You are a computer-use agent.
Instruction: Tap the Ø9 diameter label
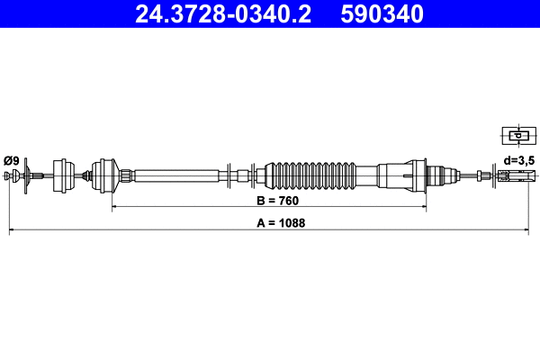pyautogui.click(x=12, y=160)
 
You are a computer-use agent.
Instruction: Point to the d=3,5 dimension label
pyautogui.click(x=519, y=160)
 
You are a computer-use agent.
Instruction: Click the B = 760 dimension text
pyautogui.click(x=270, y=201)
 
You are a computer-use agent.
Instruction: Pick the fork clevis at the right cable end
pyautogui.click(x=511, y=175)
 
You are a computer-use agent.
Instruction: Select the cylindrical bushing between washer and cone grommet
pyautogui.click(x=65, y=173)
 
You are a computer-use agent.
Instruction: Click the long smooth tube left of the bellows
pyautogui.click(x=175, y=175)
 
